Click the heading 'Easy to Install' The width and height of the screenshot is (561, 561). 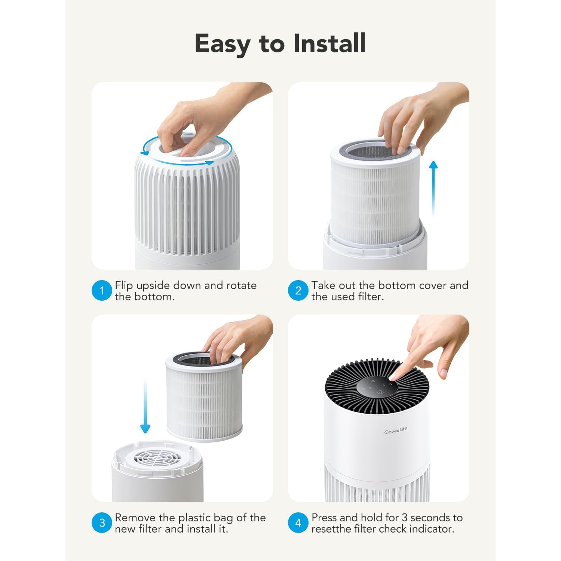click(280, 44)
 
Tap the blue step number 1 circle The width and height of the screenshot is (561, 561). click(102, 291)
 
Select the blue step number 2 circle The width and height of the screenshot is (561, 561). click(298, 291)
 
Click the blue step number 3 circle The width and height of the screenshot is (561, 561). click(102, 522)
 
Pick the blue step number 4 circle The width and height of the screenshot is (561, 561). click(298, 522)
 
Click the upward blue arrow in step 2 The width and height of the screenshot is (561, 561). click(433, 187)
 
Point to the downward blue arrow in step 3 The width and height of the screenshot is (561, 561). click(145, 408)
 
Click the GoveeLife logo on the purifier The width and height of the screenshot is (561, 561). click(395, 431)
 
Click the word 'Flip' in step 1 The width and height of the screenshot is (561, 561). click(124, 285)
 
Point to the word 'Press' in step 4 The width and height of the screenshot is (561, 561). click(324, 518)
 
